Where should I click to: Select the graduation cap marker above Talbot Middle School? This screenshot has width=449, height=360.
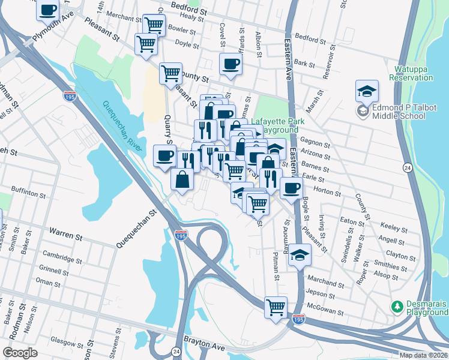(x=366, y=92)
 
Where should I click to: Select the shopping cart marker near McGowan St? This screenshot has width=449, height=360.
(x=276, y=308)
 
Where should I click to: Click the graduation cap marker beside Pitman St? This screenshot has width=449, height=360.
(x=300, y=256)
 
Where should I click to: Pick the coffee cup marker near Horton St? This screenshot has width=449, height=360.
(x=292, y=188)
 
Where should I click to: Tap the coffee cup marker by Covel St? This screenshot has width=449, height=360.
(x=230, y=65)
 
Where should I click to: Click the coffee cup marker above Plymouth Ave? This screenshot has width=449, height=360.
(x=48, y=9)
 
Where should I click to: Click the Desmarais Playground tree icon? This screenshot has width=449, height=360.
(x=396, y=307)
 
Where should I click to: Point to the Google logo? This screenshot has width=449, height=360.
(x=20, y=353)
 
